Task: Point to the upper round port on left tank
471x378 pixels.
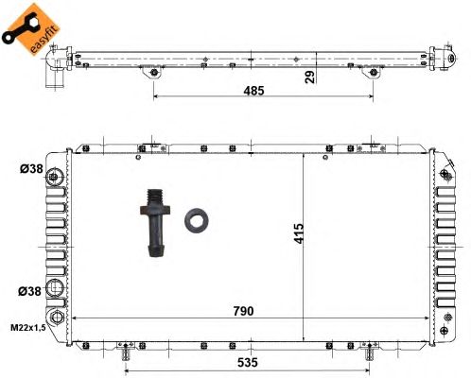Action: tap(56, 177)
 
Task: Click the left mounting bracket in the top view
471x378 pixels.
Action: tap(151, 73)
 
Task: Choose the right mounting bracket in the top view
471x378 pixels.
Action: tap(373, 73)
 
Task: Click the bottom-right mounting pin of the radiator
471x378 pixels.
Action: tap(369, 354)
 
